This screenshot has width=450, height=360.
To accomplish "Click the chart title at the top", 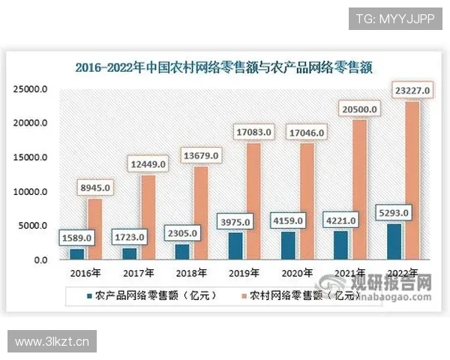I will (224, 66).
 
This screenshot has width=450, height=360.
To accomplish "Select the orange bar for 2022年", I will (412, 180).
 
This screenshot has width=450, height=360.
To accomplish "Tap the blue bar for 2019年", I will (235, 245).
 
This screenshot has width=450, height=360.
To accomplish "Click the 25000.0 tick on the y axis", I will (31, 89).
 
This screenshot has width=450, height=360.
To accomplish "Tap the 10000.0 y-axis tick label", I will (31, 192).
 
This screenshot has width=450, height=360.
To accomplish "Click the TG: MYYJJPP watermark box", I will (395, 18).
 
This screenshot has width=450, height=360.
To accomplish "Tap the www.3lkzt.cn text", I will (52, 342).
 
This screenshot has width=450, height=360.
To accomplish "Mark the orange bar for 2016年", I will (94, 229).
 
